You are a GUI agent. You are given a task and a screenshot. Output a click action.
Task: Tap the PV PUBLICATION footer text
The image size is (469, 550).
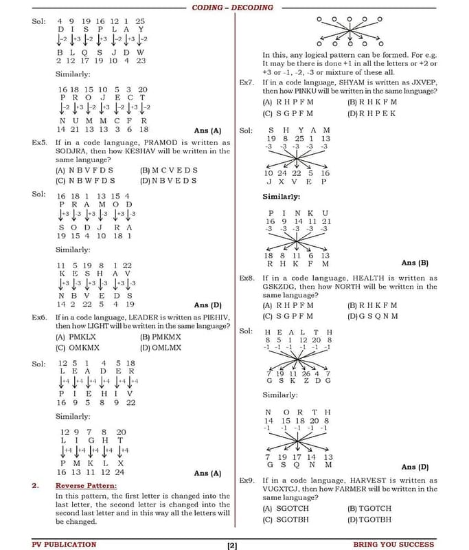pyautogui.click(x=64, y=544)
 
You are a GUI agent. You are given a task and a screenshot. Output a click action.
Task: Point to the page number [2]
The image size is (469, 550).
pyautogui.click(x=232, y=546)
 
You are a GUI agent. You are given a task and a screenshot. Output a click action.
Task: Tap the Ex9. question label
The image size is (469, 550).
pyautogui.click(x=247, y=480)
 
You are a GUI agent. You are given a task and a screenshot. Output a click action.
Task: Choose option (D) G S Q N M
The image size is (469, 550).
pyautogui.click(x=373, y=316)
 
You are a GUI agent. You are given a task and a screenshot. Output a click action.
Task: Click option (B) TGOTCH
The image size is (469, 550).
pyautogui.click(x=369, y=508)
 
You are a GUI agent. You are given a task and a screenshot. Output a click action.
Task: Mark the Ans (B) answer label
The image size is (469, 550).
pyautogui.click(x=414, y=263)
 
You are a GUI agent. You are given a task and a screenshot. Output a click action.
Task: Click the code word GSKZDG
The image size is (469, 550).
pyautogui.click(x=284, y=287)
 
